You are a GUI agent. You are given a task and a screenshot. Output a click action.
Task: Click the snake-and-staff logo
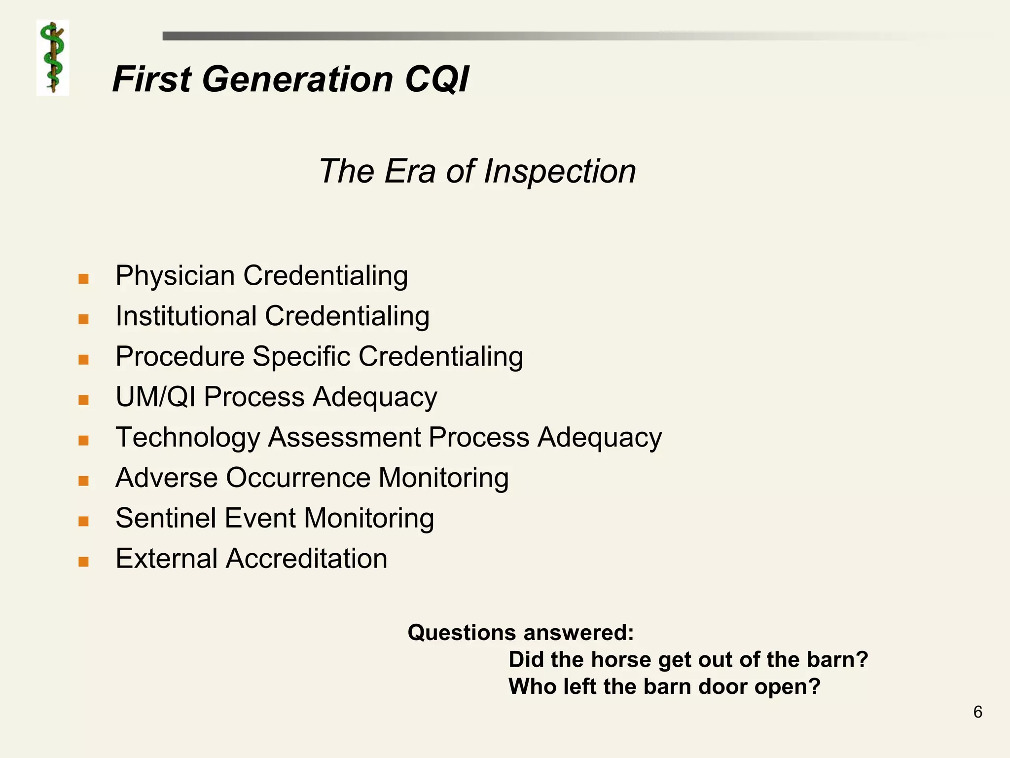point(53,58)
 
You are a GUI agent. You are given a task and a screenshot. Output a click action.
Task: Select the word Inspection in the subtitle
point(560,172)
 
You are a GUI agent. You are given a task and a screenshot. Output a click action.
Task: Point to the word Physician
point(175,276)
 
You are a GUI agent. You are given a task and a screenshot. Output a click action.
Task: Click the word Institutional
point(186,316)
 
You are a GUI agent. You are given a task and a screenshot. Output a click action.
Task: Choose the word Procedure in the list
point(180,356)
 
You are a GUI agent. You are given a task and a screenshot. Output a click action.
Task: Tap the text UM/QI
point(155,397)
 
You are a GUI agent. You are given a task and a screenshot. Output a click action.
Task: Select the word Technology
point(187,438)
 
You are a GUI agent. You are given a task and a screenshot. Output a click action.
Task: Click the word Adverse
point(166,478)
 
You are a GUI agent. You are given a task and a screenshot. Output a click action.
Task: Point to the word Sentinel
point(166,518)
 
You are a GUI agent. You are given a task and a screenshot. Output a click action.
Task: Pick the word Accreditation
point(307,559)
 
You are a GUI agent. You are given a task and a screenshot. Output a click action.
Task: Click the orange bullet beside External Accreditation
point(83,562)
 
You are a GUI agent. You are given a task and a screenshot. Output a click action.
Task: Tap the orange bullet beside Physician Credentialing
point(83,279)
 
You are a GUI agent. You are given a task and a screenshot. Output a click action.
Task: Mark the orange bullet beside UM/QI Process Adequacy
point(83,400)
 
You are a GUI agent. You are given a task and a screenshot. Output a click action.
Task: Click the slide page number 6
point(977,712)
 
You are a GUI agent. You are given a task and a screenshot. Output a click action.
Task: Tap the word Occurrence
point(298,478)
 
